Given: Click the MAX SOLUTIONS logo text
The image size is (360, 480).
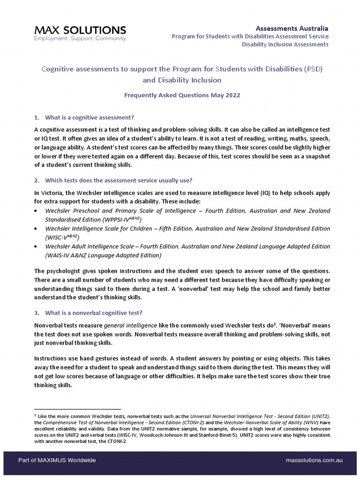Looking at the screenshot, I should pyautogui.click(x=80, y=30).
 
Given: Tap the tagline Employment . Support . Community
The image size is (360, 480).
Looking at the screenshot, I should pyautogui.click(x=80, y=39).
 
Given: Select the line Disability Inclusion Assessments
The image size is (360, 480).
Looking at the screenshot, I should pyautogui.click(x=285, y=45).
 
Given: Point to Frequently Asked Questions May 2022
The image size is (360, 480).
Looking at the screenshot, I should pyautogui.click(x=182, y=95).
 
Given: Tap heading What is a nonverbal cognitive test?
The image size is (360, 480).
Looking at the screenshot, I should pyautogui.click(x=97, y=313).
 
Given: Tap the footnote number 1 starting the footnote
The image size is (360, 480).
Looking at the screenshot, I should pyautogui.click(x=36, y=415).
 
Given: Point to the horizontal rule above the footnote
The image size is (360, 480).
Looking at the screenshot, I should pyautogui.click(x=77, y=409).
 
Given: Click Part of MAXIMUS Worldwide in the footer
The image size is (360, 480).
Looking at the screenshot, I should pyautogui.click(x=57, y=460).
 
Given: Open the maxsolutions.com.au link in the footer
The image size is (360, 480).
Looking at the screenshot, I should pyautogui.click(x=314, y=460).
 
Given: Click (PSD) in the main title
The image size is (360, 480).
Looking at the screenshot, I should pyautogui.click(x=313, y=69).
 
